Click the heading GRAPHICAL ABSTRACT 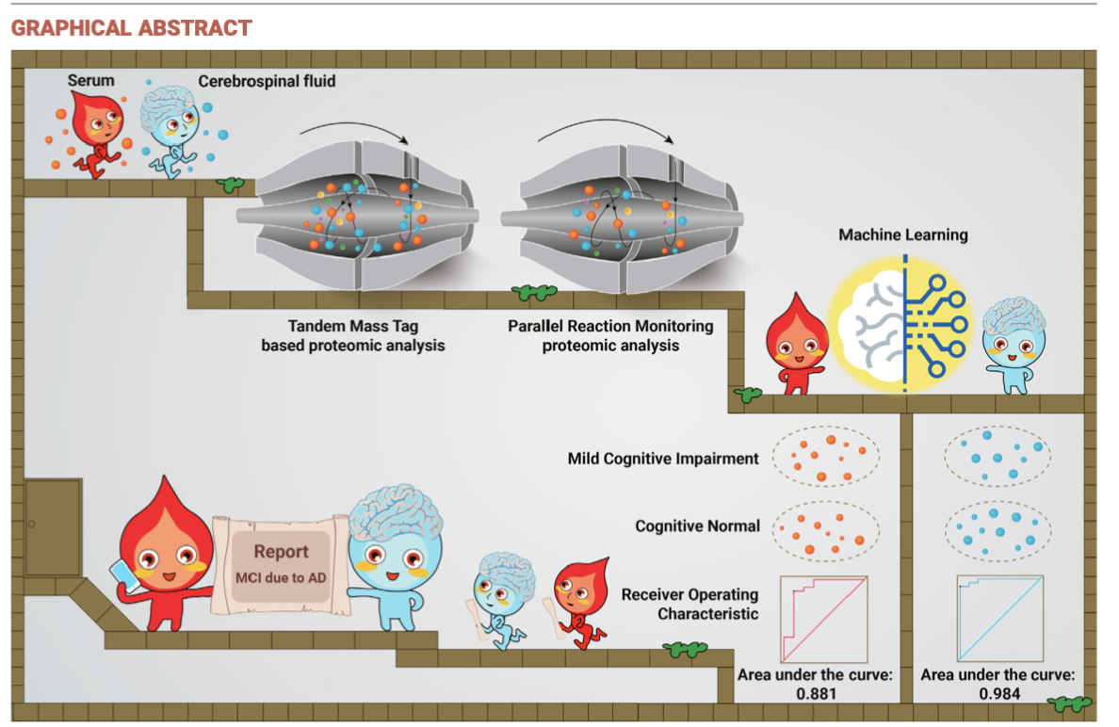tap(131, 27)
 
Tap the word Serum tap(90, 80)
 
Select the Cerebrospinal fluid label tap(267, 81)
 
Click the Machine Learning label tap(903, 234)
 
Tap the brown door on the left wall tap(53, 526)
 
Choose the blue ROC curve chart tap(999, 620)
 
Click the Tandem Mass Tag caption tap(352, 336)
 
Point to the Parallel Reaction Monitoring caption tap(610, 336)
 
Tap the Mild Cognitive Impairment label tap(663, 459)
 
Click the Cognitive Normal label tap(697, 525)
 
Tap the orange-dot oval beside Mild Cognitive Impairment tap(825, 456)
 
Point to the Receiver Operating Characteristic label tap(689, 605)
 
